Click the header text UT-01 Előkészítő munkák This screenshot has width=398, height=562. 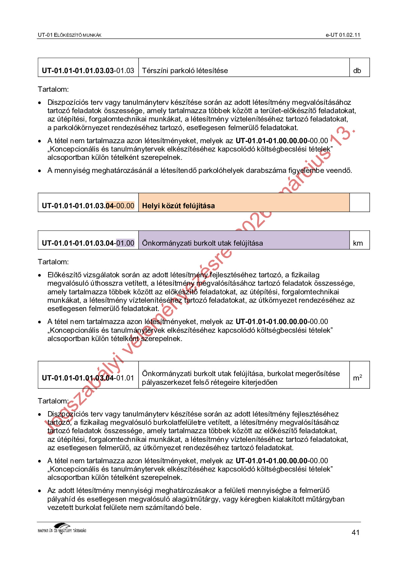(x=70, y=35)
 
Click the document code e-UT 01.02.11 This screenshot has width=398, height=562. (x=343, y=35)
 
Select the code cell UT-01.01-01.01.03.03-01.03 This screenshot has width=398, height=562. (x=88, y=70)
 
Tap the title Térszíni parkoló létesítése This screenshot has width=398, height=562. (x=185, y=70)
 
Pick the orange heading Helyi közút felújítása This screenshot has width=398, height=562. (x=178, y=206)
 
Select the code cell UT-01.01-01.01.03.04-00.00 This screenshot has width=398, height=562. (x=88, y=206)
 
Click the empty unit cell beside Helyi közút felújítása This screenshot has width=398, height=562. (x=359, y=202)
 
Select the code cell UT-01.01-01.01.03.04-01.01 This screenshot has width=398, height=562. (x=88, y=378)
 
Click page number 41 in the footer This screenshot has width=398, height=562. (x=356, y=532)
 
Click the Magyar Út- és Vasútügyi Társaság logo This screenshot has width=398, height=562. (x=62, y=529)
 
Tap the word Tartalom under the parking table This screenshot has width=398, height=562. (x=53, y=89)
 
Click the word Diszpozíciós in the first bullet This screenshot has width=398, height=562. (x=68, y=102)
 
